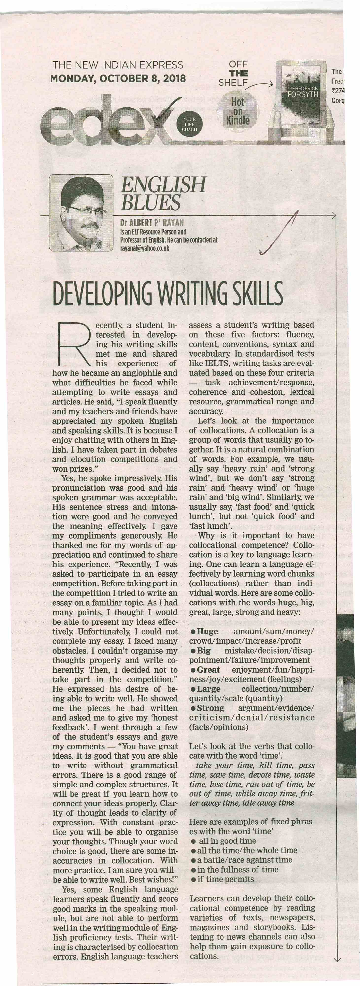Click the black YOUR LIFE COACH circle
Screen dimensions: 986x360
click(189, 124)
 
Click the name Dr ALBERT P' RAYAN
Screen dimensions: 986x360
click(152, 222)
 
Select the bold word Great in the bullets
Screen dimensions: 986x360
click(208, 669)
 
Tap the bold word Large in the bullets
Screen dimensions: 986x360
click(208, 689)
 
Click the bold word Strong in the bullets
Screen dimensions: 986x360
click(210, 708)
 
